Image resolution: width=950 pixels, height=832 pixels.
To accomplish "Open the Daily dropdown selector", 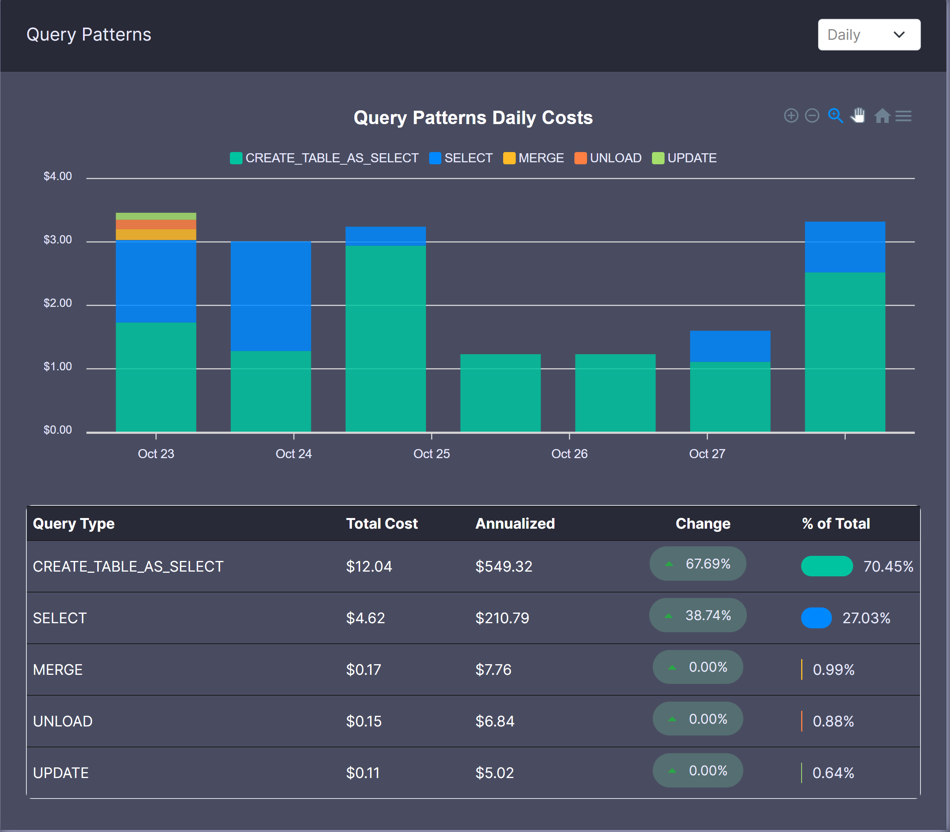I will pos(869,35).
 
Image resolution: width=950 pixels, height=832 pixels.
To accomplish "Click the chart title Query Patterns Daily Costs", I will pos(473,117).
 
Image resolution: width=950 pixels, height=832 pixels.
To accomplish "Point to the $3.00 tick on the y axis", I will pos(57,240).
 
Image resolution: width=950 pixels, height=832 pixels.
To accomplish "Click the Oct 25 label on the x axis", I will pos(431,453).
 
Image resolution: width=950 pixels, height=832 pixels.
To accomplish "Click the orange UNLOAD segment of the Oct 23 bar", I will pos(156,224).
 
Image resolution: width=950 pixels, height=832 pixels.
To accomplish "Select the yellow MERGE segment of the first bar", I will pos(156,234).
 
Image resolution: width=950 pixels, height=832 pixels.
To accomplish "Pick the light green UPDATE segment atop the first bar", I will pos(156,216).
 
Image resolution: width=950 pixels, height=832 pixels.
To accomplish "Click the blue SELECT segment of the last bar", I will pos(844,247).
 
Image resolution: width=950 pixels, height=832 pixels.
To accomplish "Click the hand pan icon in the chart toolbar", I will pos(857,115).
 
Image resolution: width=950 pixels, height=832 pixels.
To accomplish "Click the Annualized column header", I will pos(515,523).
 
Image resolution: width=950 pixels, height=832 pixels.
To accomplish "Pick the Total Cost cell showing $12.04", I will pos(369,566).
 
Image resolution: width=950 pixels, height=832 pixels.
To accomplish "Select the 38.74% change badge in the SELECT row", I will pos(698,615).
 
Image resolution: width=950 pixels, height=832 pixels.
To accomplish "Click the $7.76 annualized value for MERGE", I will pos(493,670).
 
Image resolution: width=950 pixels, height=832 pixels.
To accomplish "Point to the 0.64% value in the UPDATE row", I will pos(833,773).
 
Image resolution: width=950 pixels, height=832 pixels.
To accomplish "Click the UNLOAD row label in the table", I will pos(63,721).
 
